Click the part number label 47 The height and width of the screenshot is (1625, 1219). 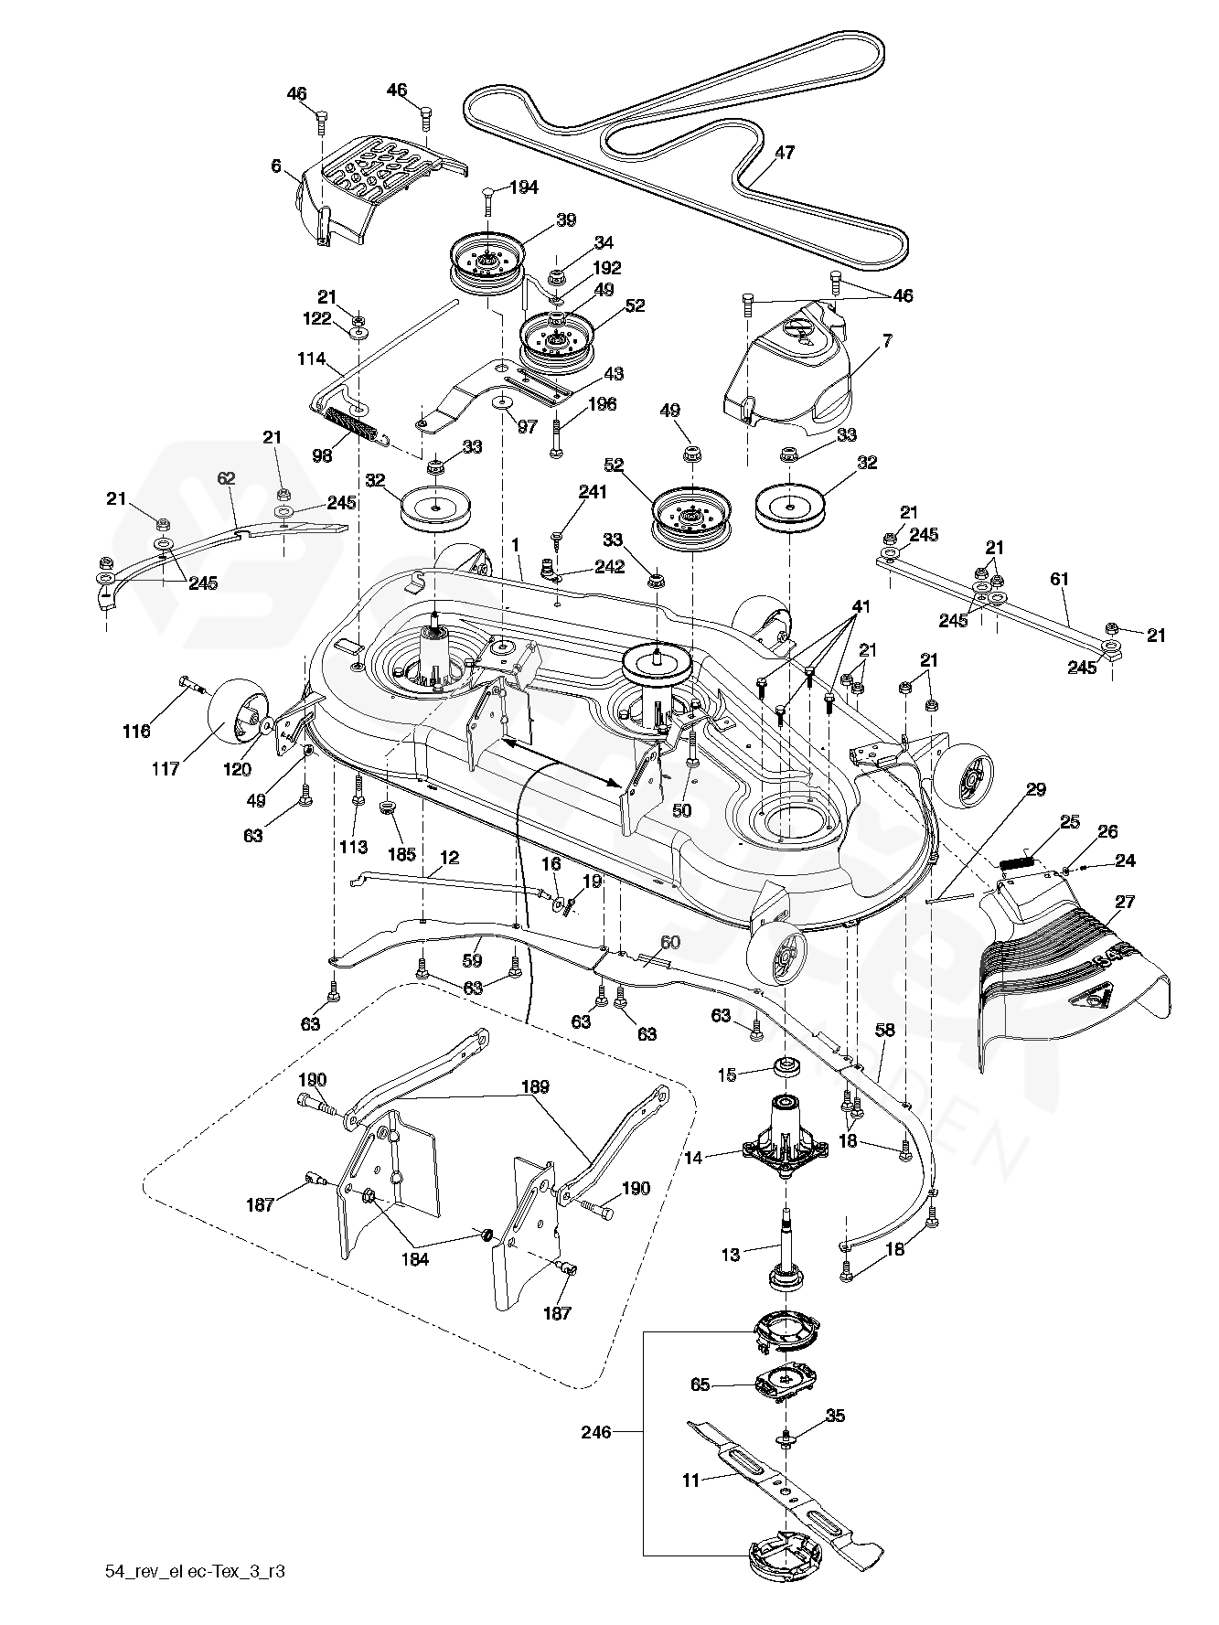pyautogui.click(x=785, y=154)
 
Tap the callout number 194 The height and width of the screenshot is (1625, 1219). pyautogui.click(x=524, y=187)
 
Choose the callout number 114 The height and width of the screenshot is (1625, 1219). pyautogui.click(x=312, y=359)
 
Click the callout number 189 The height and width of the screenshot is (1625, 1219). pyautogui.click(x=535, y=1087)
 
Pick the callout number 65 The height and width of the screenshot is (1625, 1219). pyautogui.click(x=700, y=1385)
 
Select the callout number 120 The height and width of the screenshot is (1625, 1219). pyautogui.click(x=237, y=769)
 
